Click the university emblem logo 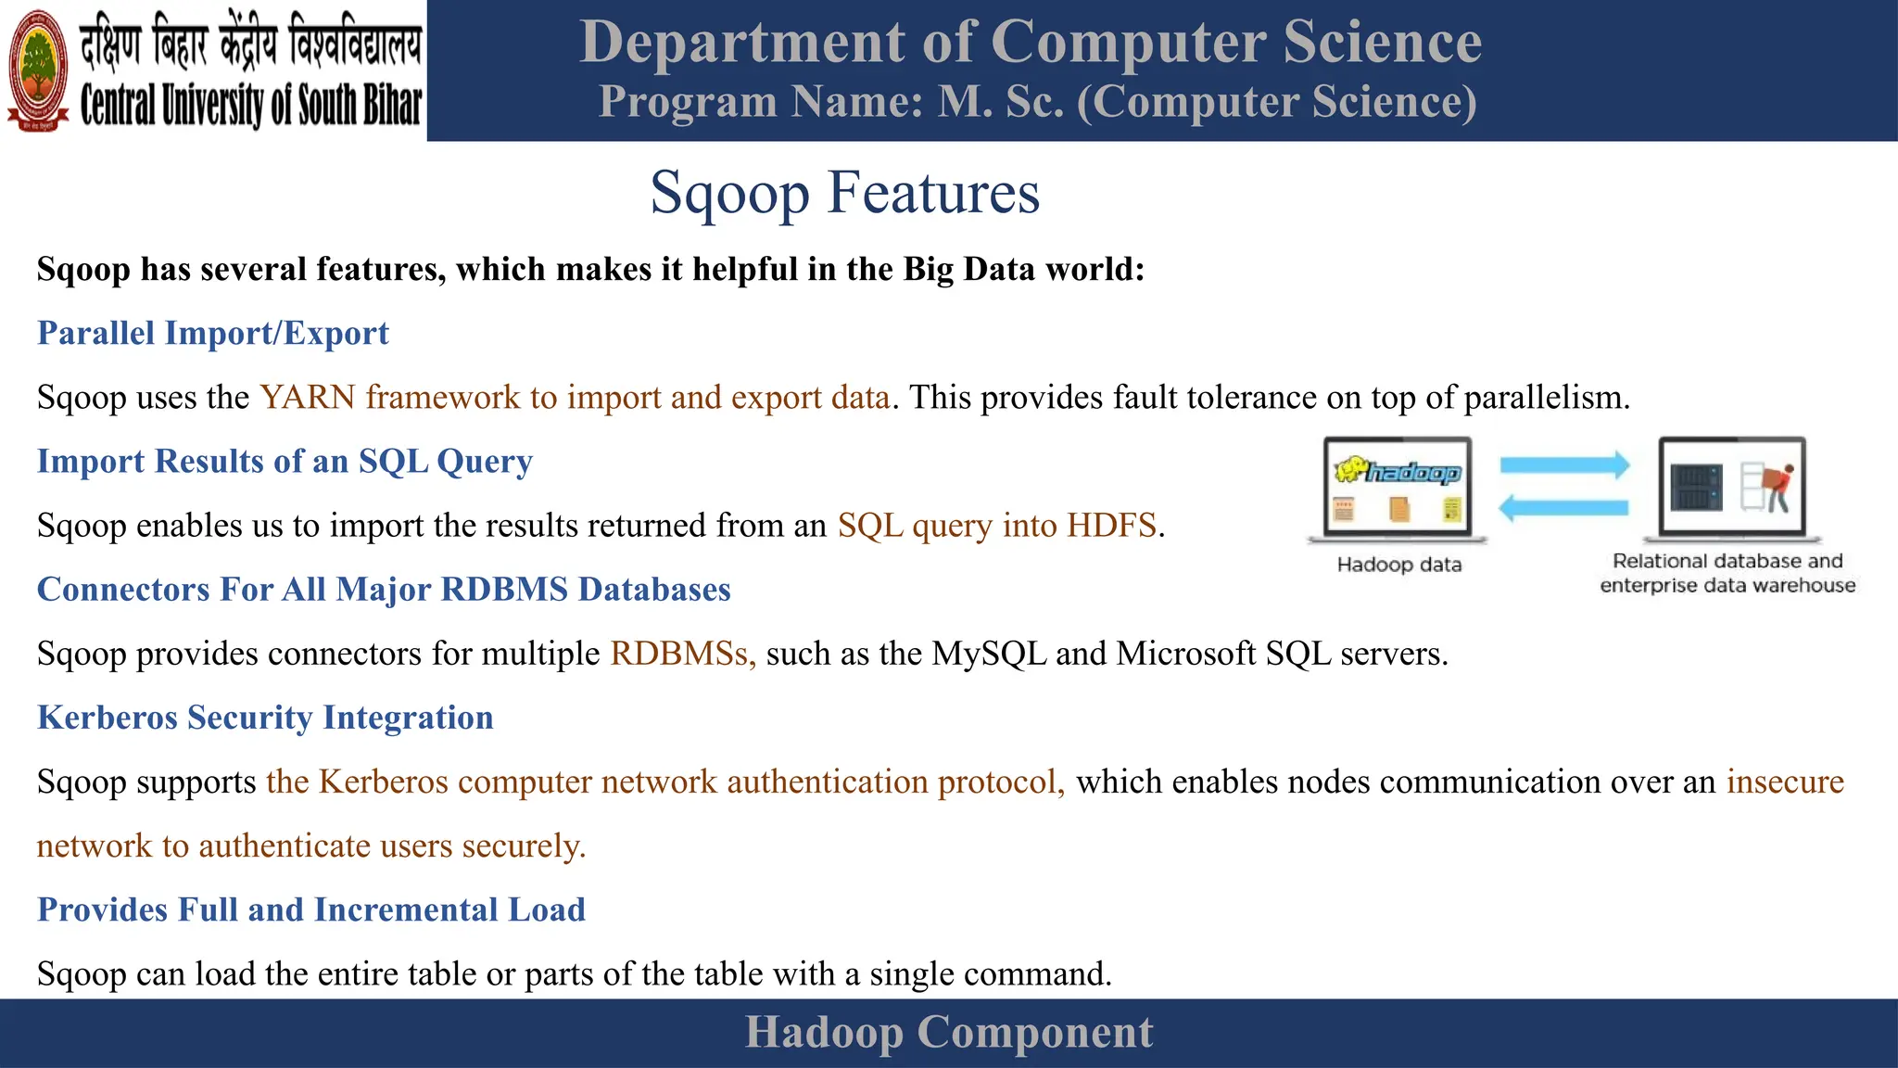click(x=38, y=70)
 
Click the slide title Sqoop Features click(x=844, y=193)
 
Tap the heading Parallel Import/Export click(x=212, y=333)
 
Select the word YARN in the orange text click(x=308, y=397)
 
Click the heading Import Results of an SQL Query click(x=285, y=461)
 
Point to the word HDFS click(x=1111, y=526)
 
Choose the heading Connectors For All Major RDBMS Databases click(x=384, y=590)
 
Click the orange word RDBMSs click(x=681, y=654)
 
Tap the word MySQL click(x=989, y=654)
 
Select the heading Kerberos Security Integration click(x=265, y=718)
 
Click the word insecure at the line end click(x=1785, y=782)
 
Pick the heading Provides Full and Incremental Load click(x=311, y=909)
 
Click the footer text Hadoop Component click(x=949, y=1033)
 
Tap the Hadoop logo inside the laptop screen click(x=1398, y=472)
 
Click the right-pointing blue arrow click(x=1564, y=464)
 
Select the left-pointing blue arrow click(x=1564, y=507)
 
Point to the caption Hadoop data click(x=1399, y=565)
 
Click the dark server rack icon click(x=1696, y=487)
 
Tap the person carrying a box click(x=1777, y=488)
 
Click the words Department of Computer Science click(x=1031, y=42)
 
